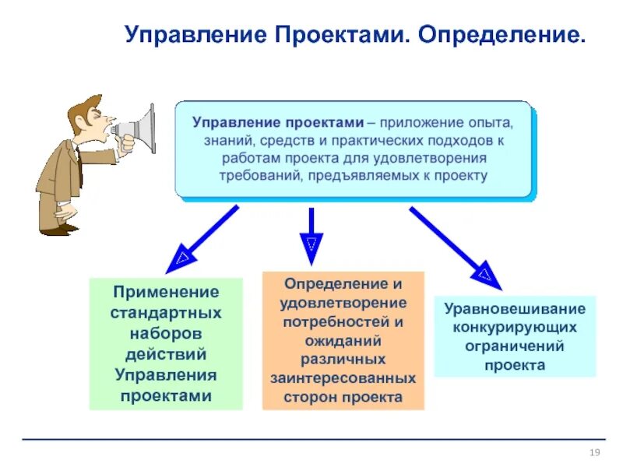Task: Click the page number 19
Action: [594, 454]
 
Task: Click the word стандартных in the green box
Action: [166, 313]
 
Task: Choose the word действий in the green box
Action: [166, 354]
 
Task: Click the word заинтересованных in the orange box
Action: [343, 378]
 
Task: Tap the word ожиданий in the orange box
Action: [343, 340]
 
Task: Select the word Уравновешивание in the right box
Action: [515, 308]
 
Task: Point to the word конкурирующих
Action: [515, 327]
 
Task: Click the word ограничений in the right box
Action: [515, 346]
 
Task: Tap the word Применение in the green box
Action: [166, 292]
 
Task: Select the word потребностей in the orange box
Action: [343, 321]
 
